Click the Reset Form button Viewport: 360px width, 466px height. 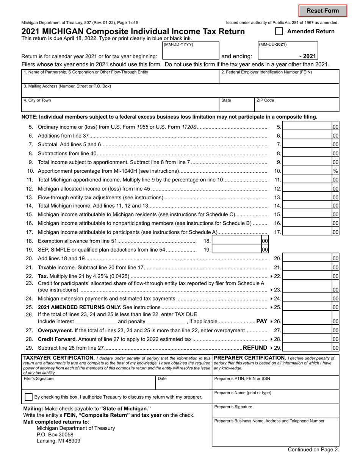(x=322, y=11)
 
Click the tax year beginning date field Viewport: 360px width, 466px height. (x=190, y=56)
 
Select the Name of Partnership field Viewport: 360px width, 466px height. (x=120, y=79)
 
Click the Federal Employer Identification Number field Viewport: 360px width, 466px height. (x=279, y=79)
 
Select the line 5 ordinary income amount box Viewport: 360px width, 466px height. (x=307, y=127)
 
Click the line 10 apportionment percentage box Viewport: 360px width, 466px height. (x=307, y=171)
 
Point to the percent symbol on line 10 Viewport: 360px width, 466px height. (x=335, y=171)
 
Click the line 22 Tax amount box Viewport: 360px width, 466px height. (x=307, y=276)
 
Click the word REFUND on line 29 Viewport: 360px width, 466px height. (x=255, y=347)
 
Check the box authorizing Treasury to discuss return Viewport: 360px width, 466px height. (x=28, y=397)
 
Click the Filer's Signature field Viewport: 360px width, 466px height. (x=89, y=385)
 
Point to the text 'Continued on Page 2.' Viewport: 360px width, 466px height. (x=313, y=450)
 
